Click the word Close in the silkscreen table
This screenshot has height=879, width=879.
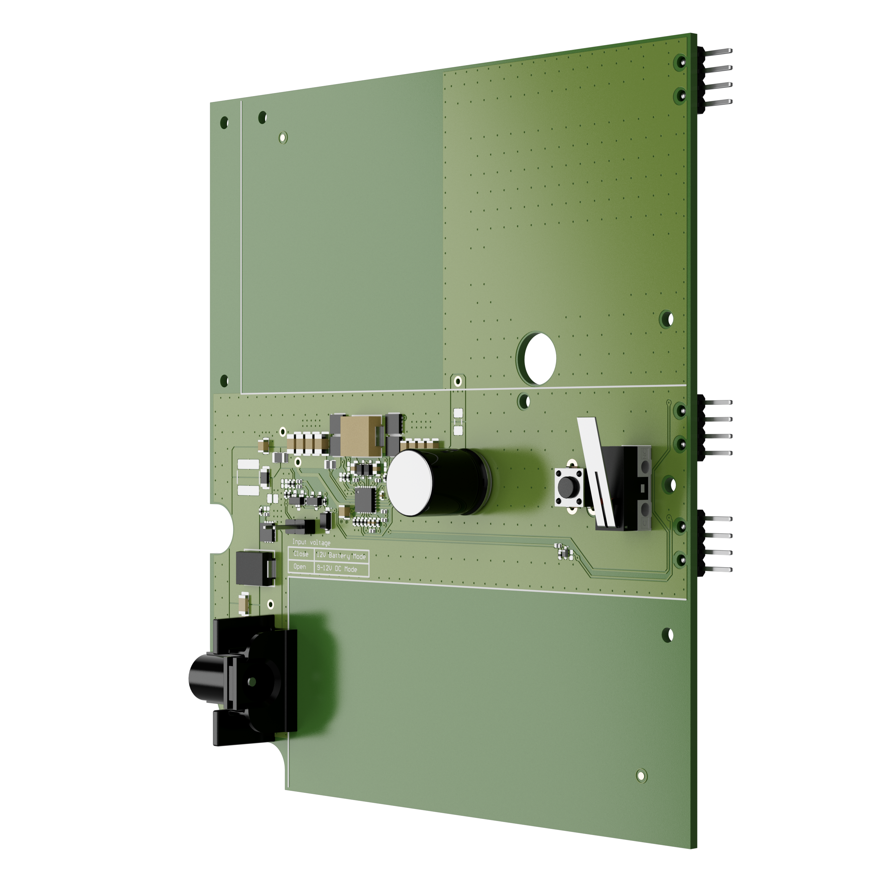click(x=300, y=554)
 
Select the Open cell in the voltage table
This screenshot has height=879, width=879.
click(x=299, y=567)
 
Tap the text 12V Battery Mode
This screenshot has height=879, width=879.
click(x=341, y=556)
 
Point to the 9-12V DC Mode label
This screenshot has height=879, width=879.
click(x=337, y=568)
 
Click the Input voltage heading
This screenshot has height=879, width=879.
click(x=311, y=542)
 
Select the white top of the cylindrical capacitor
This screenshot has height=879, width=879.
click(x=410, y=483)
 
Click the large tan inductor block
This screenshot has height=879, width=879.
click(x=359, y=436)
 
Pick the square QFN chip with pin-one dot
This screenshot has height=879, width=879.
click(x=365, y=499)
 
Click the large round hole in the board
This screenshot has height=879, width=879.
click(x=539, y=358)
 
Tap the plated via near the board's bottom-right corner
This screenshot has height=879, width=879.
click(x=641, y=775)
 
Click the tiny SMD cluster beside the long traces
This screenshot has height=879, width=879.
click(x=564, y=551)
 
